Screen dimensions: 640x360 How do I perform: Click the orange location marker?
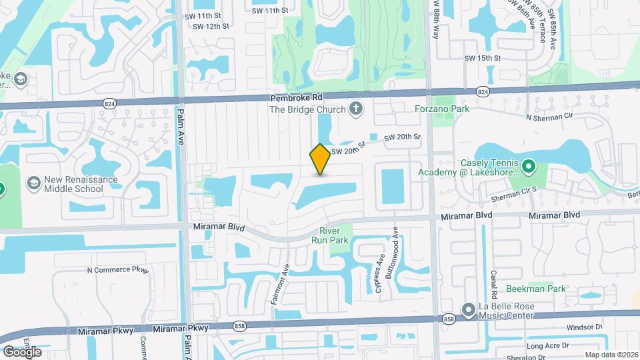tap(320, 159)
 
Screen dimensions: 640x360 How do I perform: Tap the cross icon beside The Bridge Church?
tap(357, 109)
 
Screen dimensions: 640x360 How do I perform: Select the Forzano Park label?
tap(442, 109)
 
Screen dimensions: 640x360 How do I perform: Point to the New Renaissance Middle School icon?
tap(32, 182)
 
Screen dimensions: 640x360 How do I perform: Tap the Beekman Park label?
tap(536, 289)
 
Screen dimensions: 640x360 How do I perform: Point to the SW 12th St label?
tap(211, 27)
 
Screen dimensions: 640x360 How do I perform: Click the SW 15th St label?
tap(482, 59)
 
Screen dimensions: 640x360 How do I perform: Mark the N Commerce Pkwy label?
tap(116, 270)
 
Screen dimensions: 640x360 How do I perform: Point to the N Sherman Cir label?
tap(551, 118)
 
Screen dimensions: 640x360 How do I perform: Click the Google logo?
tap(21, 351)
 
